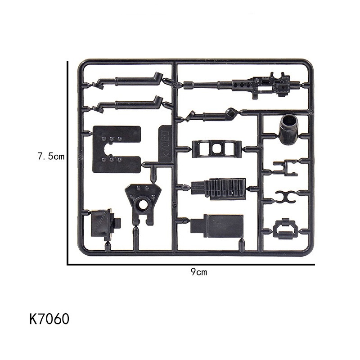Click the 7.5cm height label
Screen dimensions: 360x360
pos(51,156)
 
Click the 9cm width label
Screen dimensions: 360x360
pos(198,272)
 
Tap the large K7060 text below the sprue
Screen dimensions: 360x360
pos(49,319)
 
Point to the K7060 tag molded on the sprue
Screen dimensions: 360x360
pos(165,144)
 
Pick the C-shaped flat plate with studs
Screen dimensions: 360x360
pos(117,149)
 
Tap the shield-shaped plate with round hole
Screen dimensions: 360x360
pos(143,203)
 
